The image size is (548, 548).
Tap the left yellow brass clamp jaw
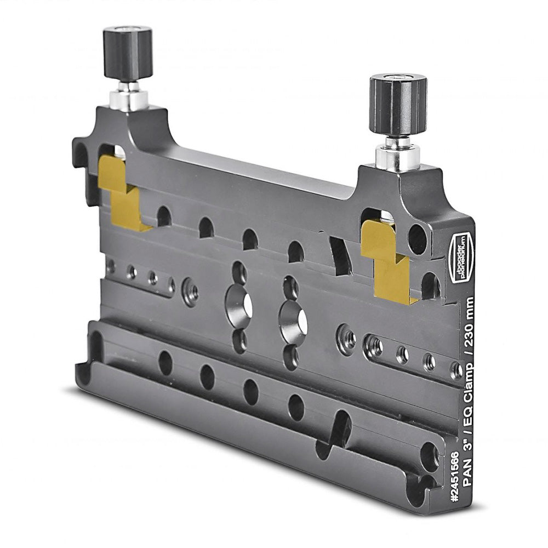click(122, 195)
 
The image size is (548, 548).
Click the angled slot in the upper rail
click(340, 254)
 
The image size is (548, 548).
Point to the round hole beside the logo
click(418, 239)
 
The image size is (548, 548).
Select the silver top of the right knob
click(398, 78)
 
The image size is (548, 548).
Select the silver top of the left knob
click(128, 28)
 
